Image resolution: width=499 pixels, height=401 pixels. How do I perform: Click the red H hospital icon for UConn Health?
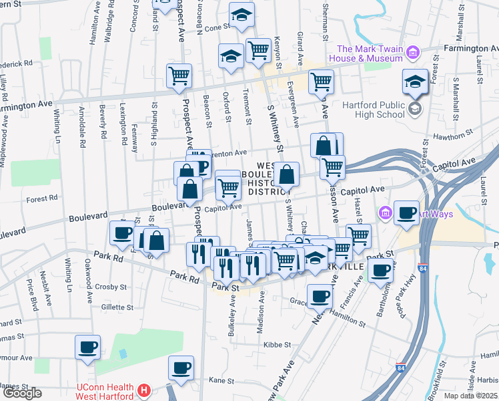point(143,389)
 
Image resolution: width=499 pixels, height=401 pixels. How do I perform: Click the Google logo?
point(21,393)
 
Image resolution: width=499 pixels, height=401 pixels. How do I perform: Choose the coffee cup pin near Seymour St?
point(87,348)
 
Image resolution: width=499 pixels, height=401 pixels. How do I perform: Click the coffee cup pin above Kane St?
point(181,367)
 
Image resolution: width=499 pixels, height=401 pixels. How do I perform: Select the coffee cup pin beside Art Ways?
point(406,213)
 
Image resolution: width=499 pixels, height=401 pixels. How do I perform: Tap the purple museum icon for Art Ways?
point(385,214)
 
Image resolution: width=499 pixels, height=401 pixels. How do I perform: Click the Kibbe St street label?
point(278,345)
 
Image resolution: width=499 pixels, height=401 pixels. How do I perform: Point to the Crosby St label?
point(111,287)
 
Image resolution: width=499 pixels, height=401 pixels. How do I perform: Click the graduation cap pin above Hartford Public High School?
point(414,82)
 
